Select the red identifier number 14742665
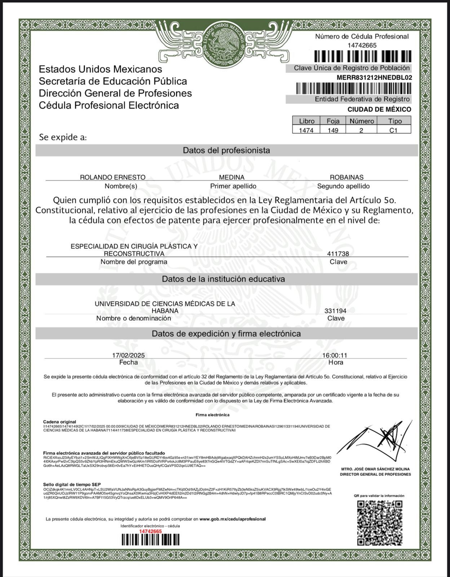[150, 531]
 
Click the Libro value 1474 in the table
[306, 130]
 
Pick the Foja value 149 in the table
[333, 130]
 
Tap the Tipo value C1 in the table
[393, 130]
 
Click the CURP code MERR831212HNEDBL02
[374, 78]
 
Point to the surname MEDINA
[231, 177]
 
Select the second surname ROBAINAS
[347, 177]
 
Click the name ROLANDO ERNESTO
[112, 177]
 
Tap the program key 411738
[338, 254]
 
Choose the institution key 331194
[335, 311]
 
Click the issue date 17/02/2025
[128, 355]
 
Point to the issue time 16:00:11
[335, 355]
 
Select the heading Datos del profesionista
[226, 150]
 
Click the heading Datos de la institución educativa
[223, 279]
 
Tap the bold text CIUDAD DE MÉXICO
[379, 109]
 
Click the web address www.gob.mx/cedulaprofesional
[232, 519]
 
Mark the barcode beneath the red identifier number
[150, 539]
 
